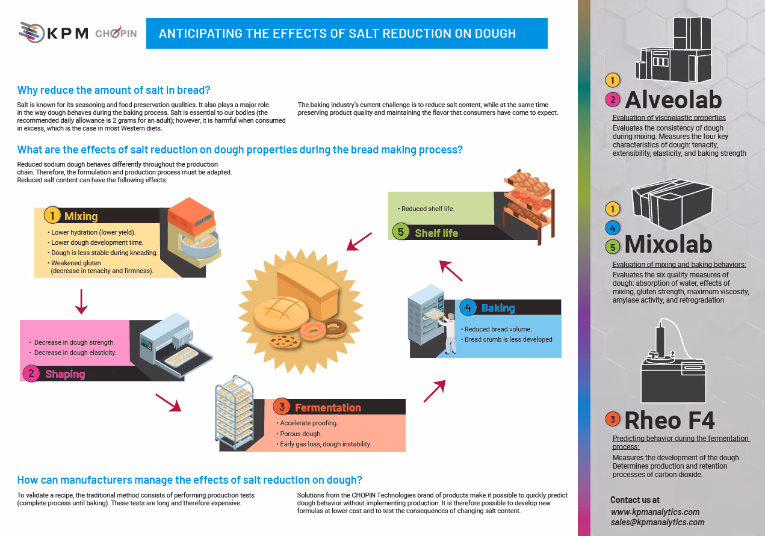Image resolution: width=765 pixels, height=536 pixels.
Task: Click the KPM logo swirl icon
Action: pos(31,32)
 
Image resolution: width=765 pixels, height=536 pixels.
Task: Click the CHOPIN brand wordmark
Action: pos(116,32)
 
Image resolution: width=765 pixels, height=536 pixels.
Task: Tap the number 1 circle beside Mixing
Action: pos(52,216)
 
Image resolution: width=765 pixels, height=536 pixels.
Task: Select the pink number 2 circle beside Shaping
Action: pos(31,374)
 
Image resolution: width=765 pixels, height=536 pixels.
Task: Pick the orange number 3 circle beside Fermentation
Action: pos(282,407)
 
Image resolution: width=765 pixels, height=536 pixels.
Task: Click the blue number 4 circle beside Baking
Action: pos(468,307)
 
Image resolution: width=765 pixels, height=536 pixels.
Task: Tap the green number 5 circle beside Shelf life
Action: pos(401,232)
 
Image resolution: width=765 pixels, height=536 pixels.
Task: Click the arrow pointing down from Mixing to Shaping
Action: pos(81,302)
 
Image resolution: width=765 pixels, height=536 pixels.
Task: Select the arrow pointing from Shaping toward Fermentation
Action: pos(169,402)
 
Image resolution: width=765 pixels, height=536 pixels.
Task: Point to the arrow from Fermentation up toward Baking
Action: pos(435,391)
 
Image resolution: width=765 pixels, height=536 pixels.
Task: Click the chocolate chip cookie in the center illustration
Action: pos(285,341)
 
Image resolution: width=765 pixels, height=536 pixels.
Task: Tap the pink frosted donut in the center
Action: pos(313,331)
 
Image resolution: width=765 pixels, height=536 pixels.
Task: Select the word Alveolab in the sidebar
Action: pos(674,100)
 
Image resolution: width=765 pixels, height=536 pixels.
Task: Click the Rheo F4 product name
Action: pos(669,420)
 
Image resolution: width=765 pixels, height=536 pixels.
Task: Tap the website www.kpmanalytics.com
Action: pos(655,512)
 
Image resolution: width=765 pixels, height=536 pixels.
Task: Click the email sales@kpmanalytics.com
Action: pos(658,522)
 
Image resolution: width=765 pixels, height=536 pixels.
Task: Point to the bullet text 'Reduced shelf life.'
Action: pos(427,209)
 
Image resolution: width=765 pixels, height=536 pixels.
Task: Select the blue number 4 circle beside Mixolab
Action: pos(612,228)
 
